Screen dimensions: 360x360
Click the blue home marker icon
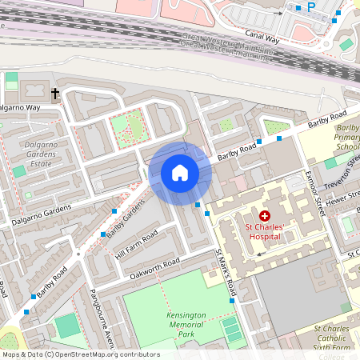[x=180, y=172]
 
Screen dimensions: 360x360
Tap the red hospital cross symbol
[x=265, y=217]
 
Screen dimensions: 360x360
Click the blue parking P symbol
[x=311, y=7]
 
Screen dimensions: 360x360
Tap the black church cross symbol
[x=56, y=94]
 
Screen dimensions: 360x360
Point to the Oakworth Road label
[x=154, y=269]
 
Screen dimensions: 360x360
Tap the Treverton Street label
[x=344, y=170]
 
